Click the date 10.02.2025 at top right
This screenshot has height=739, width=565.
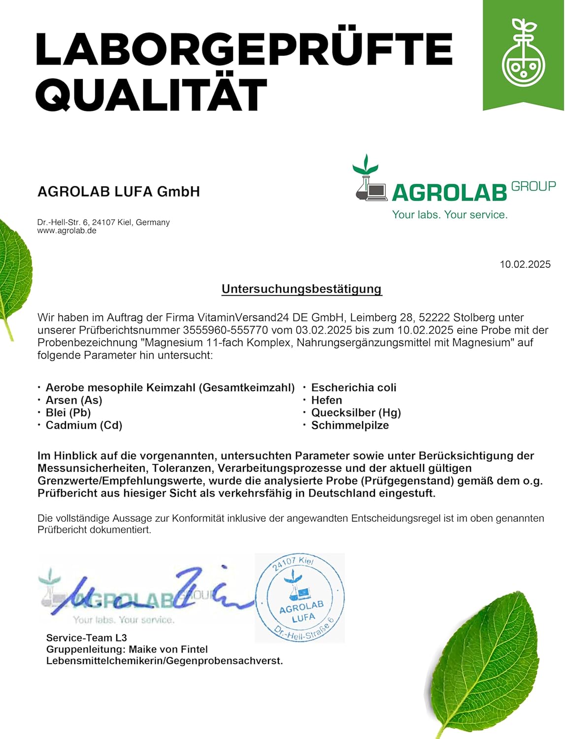pos(525,265)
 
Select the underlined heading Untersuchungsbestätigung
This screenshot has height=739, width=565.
pos(301,289)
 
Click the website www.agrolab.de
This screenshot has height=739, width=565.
pos(67,231)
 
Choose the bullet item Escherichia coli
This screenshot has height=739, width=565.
pos(354,388)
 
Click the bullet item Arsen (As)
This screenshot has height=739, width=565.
pos(74,401)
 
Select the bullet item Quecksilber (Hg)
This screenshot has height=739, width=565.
pos(356,413)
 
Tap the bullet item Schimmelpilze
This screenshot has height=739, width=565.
pos(350,425)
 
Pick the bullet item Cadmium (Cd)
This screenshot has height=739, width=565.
pos(84,425)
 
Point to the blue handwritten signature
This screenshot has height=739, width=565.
pos(148,594)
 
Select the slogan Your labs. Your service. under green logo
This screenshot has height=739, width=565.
pos(450,215)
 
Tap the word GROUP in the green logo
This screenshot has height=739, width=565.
pos(533,187)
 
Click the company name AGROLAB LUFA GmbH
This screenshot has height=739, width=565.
pos(119,192)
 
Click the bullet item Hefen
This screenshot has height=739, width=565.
pos(327,401)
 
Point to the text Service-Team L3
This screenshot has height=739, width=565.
pos(87,638)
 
